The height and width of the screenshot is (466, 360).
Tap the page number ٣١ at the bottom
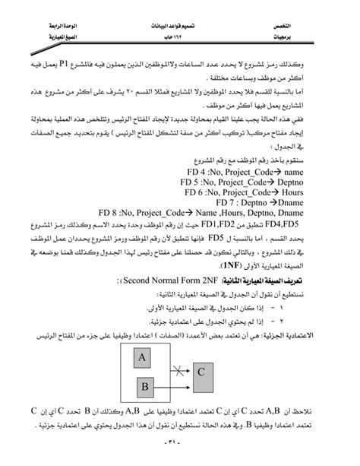click(179, 455)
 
